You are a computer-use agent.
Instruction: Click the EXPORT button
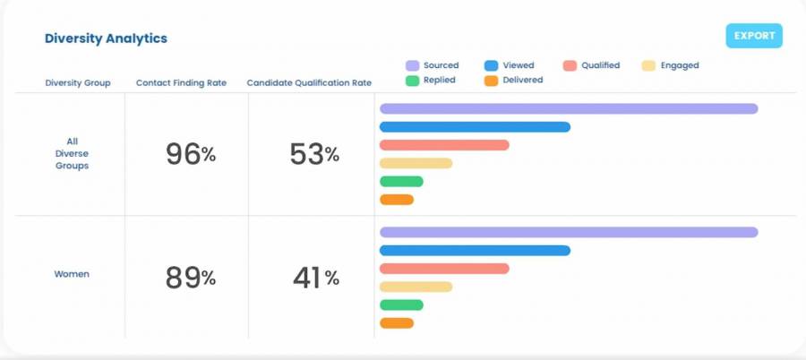click(x=754, y=36)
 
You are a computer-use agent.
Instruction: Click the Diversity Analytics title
click(x=106, y=39)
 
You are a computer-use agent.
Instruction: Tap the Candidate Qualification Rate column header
click(x=309, y=83)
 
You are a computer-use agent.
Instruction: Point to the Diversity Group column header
click(x=78, y=83)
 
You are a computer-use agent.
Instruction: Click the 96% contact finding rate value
click(x=190, y=154)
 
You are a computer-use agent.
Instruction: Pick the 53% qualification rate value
click(x=314, y=154)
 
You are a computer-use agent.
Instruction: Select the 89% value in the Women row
click(x=190, y=278)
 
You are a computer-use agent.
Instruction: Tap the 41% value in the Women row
click(x=315, y=278)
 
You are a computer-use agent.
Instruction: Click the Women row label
click(x=72, y=274)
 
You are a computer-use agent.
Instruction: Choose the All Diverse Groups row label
click(x=72, y=153)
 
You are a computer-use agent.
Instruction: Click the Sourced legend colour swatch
click(x=413, y=65)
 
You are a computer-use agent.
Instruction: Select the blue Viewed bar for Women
click(x=475, y=251)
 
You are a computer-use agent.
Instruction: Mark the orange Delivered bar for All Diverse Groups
click(x=397, y=200)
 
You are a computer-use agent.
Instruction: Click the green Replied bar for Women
click(x=401, y=305)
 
